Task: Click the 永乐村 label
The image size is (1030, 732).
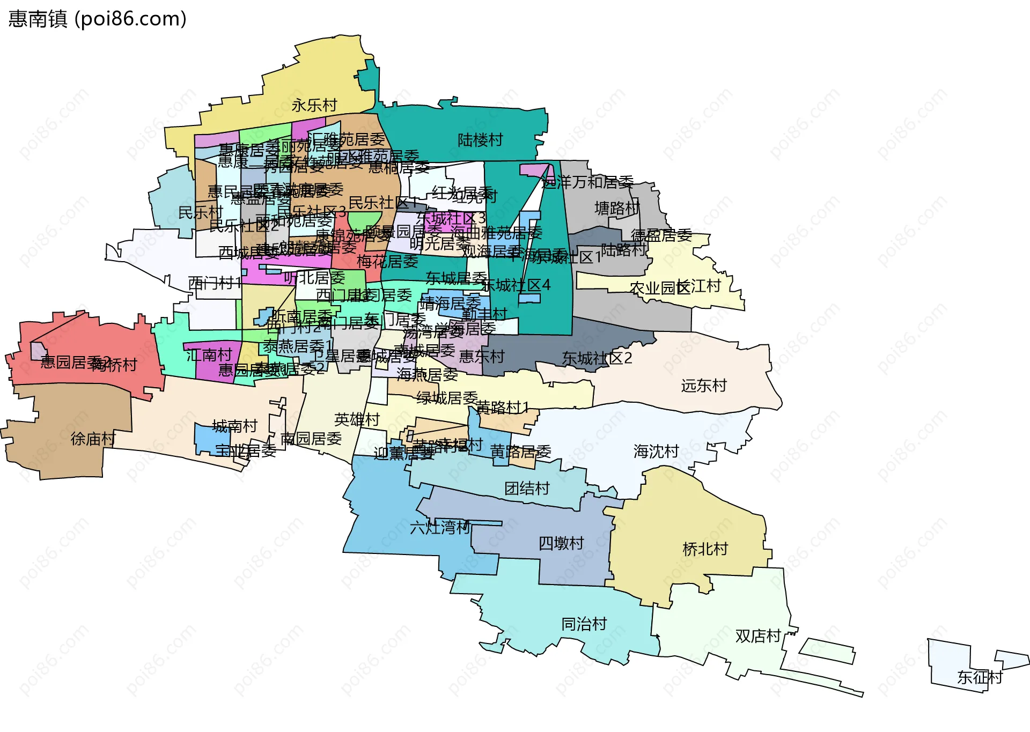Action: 314,105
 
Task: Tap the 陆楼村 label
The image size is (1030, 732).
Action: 480,140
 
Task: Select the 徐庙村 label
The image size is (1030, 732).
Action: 93,439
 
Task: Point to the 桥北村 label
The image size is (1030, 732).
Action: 705,549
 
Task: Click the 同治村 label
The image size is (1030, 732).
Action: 584,624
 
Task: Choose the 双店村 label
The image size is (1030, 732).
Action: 758,636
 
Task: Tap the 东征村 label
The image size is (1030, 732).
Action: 980,677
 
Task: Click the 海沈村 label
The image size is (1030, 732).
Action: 656,452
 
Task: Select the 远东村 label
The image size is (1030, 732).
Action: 704,386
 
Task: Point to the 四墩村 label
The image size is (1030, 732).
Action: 561,543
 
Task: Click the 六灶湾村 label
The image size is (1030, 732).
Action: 440,528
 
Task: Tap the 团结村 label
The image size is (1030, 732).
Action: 527,488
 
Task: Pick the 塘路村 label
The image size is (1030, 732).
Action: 617,208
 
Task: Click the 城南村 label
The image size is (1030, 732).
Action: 235,426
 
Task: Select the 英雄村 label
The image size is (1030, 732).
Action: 357,419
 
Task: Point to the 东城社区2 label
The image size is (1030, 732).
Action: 597,358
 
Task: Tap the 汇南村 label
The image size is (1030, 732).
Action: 209,355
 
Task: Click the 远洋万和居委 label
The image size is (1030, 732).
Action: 587,182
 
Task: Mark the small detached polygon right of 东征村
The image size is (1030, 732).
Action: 1012,659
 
